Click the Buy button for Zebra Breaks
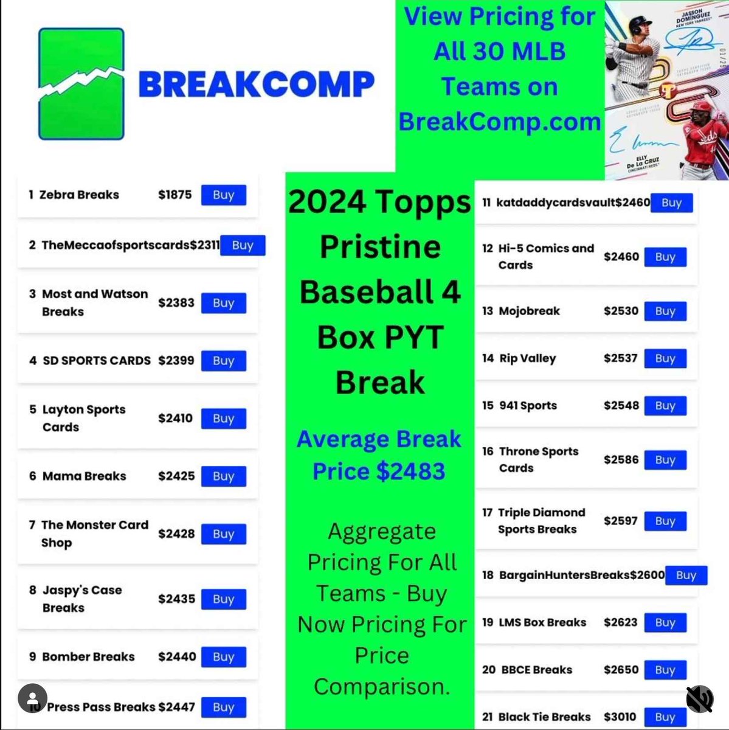point(223,195)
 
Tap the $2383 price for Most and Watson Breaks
point(176,303)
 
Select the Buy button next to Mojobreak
point(665,311)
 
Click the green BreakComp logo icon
point(81,84)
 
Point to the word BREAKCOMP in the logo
point(256,85)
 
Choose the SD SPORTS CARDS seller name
point(96,361)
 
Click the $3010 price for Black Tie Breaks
point(620,717)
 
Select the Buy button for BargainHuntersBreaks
point(686,575)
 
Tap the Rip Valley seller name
point(527,359)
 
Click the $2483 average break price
point(409,471)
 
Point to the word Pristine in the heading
point(380,247)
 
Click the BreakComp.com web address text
point(500,122)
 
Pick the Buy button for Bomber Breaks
point(223,657)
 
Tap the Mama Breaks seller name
point(84,476)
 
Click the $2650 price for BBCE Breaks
point(621,670)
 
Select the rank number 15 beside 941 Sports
point(488,406)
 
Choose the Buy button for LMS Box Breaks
point(665,623)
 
